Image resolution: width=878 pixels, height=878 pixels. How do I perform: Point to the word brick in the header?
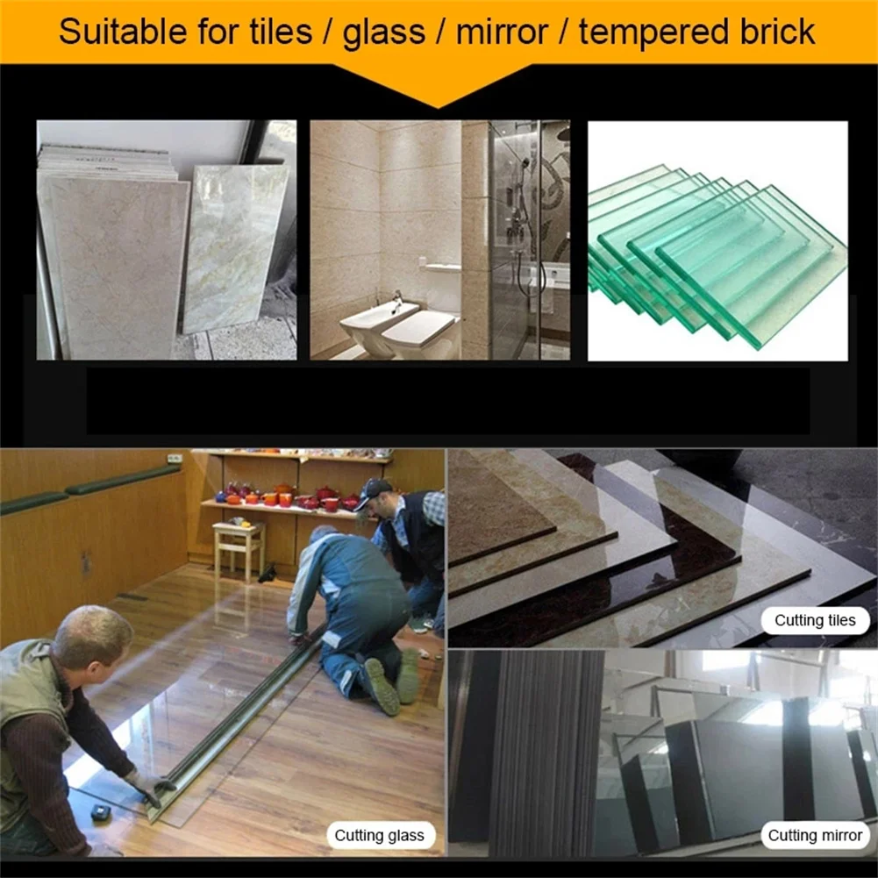point(773,32)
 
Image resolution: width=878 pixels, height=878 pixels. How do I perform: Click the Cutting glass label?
point(379,835)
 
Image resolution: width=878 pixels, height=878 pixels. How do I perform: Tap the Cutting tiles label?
point(815,620)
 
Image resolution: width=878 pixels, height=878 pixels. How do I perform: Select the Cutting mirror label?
point(815,835)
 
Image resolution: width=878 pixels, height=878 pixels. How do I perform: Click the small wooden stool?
point(238,547)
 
